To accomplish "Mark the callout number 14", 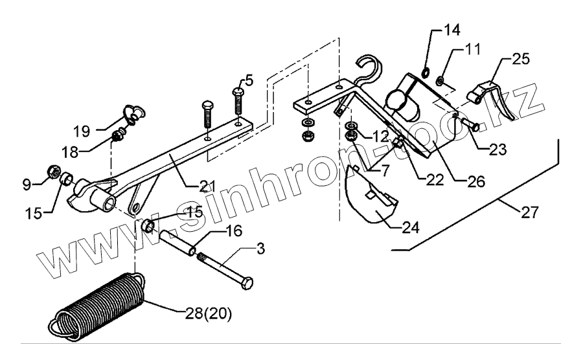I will [450, 30].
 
